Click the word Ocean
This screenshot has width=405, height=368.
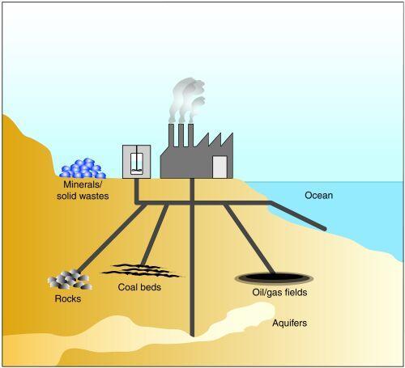click(318, 195)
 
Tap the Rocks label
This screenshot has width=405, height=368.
click(68, 298)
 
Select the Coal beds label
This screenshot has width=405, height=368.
click(139, 287)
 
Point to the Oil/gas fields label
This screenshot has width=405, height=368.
click(279, 292)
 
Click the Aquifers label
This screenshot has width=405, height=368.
click(289, 323)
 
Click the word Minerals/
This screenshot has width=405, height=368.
click(83, 184)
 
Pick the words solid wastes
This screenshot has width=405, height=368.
click(83, 196)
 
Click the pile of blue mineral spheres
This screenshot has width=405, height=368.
click(83, 168)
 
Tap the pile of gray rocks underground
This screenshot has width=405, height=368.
click(70, 280)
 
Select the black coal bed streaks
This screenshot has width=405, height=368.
click(142, 271)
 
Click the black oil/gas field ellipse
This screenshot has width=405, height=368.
click(274, 277)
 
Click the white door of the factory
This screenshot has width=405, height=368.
click(220, 167)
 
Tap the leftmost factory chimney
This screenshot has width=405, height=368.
click(172, 135)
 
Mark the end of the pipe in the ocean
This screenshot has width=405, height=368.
click(325, 229)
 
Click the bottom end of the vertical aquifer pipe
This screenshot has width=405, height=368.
click(192, 336)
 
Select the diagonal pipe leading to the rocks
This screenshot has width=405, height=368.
click(112, 238)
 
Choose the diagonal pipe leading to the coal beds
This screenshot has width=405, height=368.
click(155, 235)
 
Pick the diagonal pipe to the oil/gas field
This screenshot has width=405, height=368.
click(249, 239)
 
